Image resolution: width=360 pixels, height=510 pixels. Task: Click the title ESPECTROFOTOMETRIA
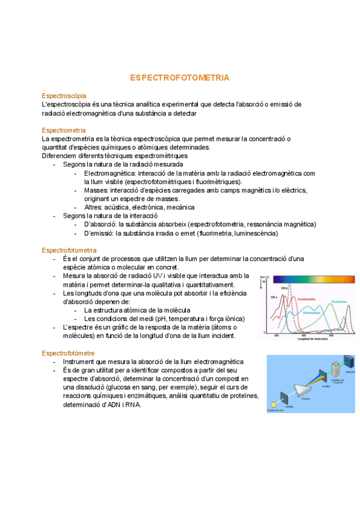coord(180,78)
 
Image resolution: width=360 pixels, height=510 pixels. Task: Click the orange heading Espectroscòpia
coord(64,96)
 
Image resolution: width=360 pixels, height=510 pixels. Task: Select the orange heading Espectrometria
coord(64,130)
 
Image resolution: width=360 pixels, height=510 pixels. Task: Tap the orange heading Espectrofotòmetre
coord(69,352)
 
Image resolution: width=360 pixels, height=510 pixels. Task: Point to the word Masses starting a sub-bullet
coord(96,190)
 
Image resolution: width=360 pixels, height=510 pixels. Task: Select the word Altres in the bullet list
coord(94,207)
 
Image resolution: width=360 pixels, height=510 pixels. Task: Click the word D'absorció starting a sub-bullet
coord(99,224)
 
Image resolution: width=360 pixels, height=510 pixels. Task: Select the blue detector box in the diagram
coord(347,361)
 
